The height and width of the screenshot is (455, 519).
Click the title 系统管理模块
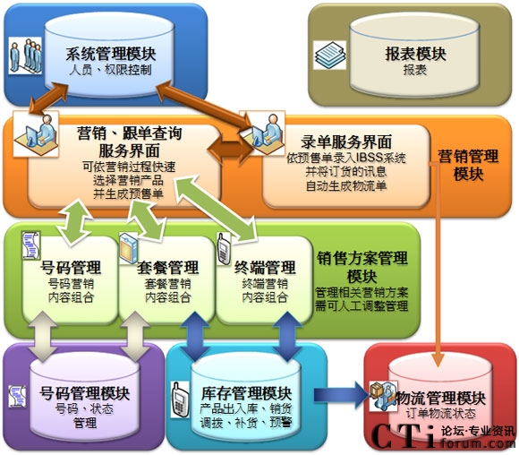[111, 54]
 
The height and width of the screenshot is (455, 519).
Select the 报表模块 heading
[415, 54]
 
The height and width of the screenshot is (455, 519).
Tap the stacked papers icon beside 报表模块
[329, 55]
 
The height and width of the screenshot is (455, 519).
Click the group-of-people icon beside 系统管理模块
[25, 56]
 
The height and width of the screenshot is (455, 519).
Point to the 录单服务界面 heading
[346, 142]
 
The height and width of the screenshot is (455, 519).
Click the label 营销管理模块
[468, 165]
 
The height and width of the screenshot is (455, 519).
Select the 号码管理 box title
[71, 268]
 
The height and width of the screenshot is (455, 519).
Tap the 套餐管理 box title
[168, 268]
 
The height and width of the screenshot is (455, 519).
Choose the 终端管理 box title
[265, 268]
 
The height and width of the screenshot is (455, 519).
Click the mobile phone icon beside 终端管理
[224, 248]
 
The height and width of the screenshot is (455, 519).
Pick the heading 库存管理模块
[246, 393]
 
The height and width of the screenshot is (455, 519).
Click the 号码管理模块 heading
[84, 393]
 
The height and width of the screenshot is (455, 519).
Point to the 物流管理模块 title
[441, 398]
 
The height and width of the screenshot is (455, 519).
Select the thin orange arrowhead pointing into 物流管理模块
[438, 359]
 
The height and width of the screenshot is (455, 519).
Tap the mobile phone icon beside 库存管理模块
[181, 399]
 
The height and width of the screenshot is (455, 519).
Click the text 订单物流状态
[441, 414]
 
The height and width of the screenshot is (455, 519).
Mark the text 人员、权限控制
[111, 70]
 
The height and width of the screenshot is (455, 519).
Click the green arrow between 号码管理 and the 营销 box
[74, 222]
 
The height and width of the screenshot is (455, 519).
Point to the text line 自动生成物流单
[346, 185]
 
